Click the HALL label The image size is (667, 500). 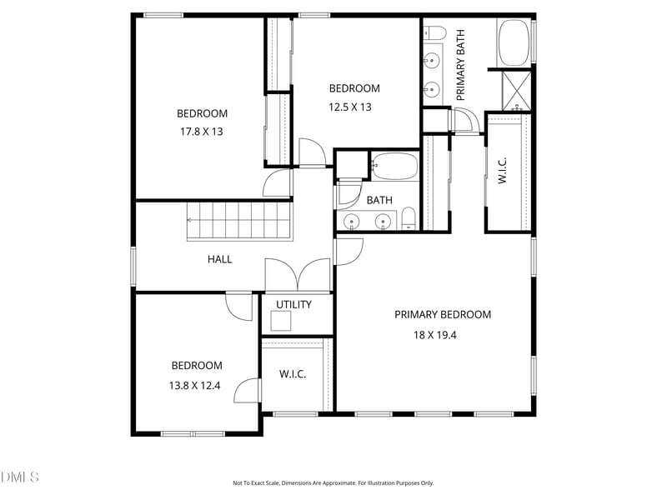click(x=219, y=259)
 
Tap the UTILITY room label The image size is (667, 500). click(x=293, y=304)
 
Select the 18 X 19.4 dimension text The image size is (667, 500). click(x=434, y=335)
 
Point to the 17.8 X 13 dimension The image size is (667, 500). click(x=201, y=132)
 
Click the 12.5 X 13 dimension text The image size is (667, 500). click(x=349, y=107)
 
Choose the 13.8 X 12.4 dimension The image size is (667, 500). click(x=194, y=386)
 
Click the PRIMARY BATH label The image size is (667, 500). click(x=460, y=65)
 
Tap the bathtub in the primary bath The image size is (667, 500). click(x=514, y=42)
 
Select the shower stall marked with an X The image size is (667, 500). click(x=517, y=91)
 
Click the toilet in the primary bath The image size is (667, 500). click(x=434, y=32)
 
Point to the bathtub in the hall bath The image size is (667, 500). click(x=394, y=166)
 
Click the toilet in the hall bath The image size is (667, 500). click(x=409, y=218)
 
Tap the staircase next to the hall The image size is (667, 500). click(x=240, y=221)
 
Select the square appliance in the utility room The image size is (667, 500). click(x=281, y=321)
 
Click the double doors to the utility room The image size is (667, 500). click(x=298, y=275)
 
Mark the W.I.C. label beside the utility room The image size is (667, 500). click(x=293, y=374)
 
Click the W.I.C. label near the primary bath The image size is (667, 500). click(x=503, y=170)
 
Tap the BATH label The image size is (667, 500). click(x=379, y=200)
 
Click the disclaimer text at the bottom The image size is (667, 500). click(x=333, y=483)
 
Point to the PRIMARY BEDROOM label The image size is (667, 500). click(x=443, y=315)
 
